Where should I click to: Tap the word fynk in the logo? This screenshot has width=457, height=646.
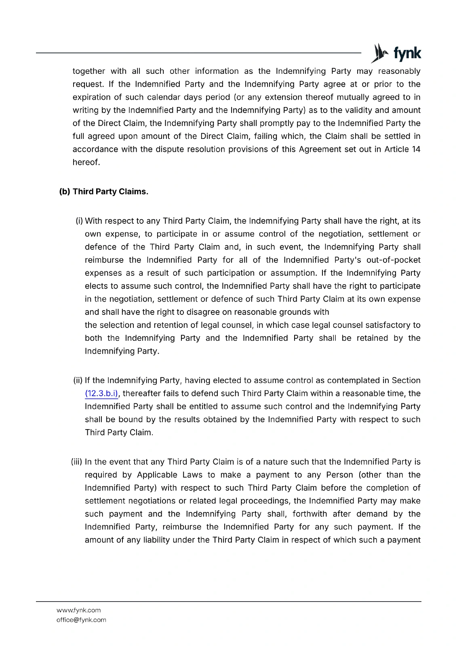[x=407, y=53]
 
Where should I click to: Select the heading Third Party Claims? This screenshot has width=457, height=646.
[x=110, y=192]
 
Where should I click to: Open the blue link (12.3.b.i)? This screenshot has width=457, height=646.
[x=101, y=394]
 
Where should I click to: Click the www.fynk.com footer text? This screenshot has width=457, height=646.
[x=78, y=610]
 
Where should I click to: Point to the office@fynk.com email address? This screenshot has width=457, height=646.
[x=81, y=620]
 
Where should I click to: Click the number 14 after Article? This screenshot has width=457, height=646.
[x=416, y=149]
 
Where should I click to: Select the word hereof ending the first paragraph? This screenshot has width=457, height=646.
[x=85, y=162]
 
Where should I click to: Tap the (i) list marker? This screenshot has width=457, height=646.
[x=79, y=221]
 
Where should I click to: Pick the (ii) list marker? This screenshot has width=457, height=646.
[x=78, y=380]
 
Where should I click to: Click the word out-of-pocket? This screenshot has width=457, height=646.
[x=393, y=260]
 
